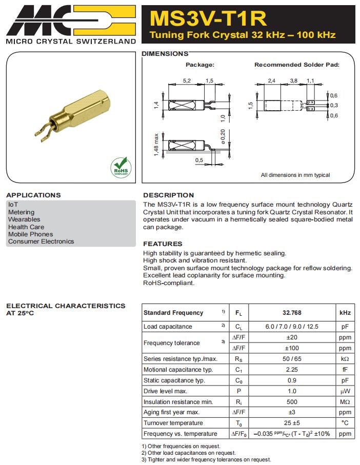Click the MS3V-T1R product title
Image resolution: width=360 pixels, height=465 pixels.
pos(208,18)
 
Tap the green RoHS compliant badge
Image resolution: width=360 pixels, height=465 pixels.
pos(121,167)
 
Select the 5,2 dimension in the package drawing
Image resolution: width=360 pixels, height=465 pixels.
pos(187,81)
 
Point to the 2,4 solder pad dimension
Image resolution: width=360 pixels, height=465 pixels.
pos(271,81)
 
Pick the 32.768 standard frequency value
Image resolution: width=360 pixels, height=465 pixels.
pos(292,313)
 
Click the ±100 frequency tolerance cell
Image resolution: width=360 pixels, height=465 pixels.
pos(292,348)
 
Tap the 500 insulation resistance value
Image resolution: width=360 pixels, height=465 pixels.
pos(292,402)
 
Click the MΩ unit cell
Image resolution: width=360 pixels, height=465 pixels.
pos(345,402)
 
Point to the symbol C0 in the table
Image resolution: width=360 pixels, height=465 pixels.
pos(238,380)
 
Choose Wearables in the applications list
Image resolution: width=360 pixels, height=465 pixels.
pos(24,219)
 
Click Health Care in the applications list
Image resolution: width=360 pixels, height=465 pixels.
pos(26,227)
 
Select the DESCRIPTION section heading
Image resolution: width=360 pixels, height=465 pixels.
pos(168,195)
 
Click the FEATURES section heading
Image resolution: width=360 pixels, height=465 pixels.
pos(163,244)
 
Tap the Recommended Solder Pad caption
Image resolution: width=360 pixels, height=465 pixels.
pos(296,65)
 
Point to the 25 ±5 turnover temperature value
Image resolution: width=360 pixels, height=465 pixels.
pos(292,423)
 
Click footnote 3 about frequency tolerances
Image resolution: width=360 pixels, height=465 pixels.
pos(206,459)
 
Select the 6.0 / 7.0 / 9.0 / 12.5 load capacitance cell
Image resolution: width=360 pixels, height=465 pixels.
pos(292,327)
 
